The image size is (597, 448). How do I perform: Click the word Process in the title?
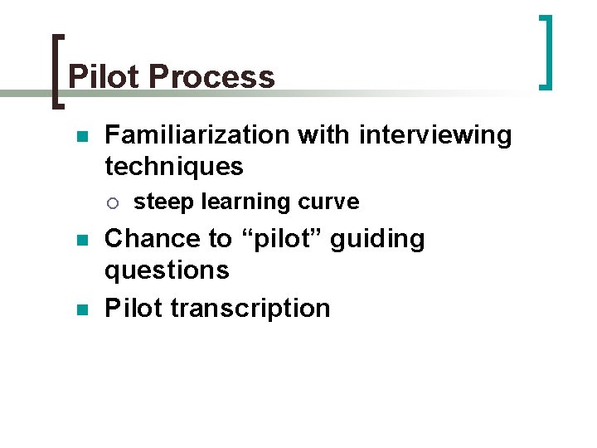(212, 77)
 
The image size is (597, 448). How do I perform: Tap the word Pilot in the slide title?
(104, 77)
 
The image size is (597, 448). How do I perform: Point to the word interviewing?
(435, 134)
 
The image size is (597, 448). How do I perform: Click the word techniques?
(174, 166)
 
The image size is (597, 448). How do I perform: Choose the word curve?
(328, 202)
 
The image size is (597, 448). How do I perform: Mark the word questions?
(167, 270)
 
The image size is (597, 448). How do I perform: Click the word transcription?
(250, 308)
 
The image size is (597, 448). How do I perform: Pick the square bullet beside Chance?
(80, 240)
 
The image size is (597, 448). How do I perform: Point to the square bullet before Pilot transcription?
(80, 309)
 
